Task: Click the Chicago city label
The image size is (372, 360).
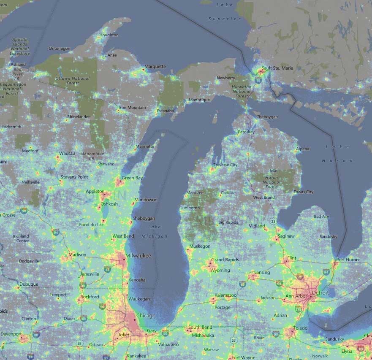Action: click(x=146, y=315)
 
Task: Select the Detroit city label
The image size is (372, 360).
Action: click(x=320, y=292)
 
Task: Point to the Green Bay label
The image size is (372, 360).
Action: click(x=132, y=178)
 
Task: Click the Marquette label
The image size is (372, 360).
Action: click(x=155, y=67)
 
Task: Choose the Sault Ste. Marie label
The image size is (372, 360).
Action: click(x=277, y=68)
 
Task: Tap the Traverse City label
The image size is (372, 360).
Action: click(x=225, y=165)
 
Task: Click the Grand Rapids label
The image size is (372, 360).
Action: click(x=225, y=260)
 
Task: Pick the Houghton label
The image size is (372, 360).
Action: click(x=109, y=35)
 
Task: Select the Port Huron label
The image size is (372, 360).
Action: click(x=348, y=260)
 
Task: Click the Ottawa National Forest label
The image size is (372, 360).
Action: click(x=72, y=80)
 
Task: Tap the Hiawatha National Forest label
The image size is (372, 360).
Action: click(x=242, y=91)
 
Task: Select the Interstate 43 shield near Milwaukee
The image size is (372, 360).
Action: click(x=107, y=269)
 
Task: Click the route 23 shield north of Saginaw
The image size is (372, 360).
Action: click(x=273, y=221)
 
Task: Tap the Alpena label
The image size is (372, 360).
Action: click(x=302, y=149)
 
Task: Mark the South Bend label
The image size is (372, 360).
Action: click(x=200, y=327)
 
